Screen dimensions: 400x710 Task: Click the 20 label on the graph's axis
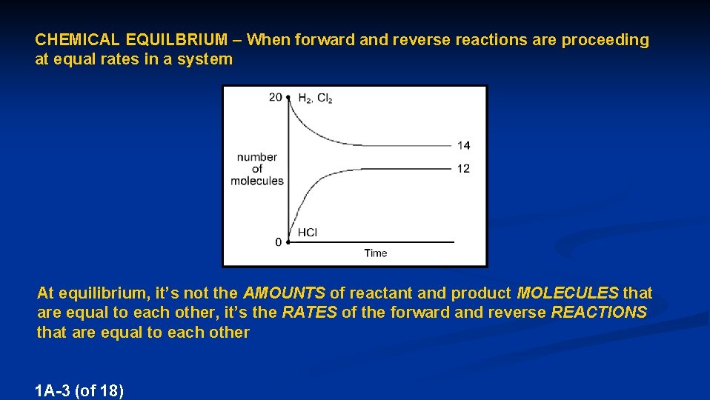[275, 97]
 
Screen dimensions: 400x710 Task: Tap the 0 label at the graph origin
[278, 242]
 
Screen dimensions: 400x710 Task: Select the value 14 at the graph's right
[463, 145]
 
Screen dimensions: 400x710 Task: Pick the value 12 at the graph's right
[463, 169]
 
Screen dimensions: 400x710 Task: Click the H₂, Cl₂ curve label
[315, 98]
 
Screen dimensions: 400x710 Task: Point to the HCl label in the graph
[308, 233]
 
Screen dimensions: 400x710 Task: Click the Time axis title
[376, 253]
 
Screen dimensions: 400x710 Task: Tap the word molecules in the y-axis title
[257, 181]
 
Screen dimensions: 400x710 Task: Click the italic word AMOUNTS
[284, 293]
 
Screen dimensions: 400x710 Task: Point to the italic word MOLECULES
[568, 293]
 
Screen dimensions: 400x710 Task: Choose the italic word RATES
[309, 313]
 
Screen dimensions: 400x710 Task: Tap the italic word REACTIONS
[599, 313]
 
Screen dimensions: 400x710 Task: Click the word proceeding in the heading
[605, 40]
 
